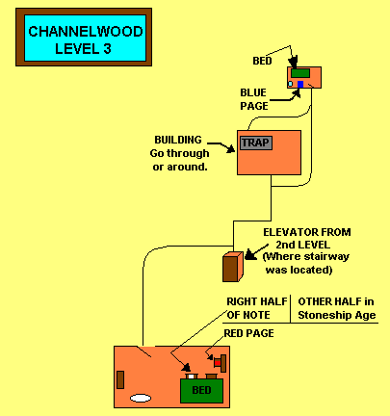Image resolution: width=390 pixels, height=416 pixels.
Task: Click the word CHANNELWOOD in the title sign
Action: point(86,32)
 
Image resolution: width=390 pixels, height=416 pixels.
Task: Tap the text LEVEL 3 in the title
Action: point(83,49)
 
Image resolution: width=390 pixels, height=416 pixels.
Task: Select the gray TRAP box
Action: point(256,143)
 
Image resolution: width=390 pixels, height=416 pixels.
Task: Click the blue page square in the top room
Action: point(300,85)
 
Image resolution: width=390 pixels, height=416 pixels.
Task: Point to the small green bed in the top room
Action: point(300,73)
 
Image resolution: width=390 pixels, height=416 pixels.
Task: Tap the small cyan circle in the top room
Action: point(290,84)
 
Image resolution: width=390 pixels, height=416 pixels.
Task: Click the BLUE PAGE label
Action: point(254,99)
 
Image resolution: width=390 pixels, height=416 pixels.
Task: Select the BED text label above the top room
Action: point(262,61)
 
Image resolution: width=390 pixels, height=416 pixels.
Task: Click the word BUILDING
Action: point(178,140)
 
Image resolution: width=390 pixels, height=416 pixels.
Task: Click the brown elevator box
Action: point(233,267)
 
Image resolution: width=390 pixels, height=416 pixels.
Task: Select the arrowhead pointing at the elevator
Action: point(250,255)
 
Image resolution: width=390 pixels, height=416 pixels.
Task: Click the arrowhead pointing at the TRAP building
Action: point(231,148)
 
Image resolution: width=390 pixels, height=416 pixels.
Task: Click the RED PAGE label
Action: point(248,333)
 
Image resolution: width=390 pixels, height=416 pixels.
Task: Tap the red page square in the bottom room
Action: point(218,363)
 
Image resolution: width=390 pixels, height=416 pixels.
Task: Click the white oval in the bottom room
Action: point(141,399)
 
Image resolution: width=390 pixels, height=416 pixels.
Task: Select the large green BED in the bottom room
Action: point(201,391)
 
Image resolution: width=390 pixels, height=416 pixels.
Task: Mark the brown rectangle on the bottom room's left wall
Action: point(120,379)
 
